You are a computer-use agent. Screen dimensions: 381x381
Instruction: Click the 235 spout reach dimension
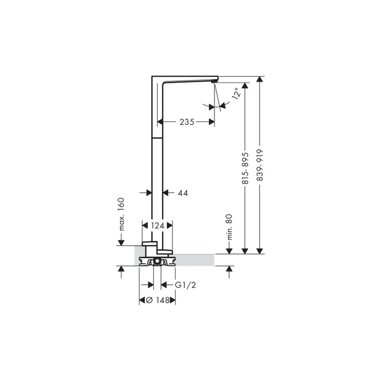coord(187,122)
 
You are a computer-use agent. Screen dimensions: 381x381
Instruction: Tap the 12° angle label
coord(237,93)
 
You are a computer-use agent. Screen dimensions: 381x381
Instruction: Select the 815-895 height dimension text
coord(245,168)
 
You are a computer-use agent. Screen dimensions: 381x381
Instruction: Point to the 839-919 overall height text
coord(260,165)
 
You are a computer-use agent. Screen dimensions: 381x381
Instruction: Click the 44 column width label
coord(183,193)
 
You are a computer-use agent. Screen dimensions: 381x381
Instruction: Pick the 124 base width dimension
coord(157,226)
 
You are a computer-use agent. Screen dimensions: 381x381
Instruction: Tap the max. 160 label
coord(121,214)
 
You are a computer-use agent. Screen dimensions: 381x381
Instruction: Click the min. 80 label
coord(229,227)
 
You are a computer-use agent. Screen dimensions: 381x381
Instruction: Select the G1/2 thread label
coord(186,285)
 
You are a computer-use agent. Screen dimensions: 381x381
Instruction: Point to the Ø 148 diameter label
coord(157,300)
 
